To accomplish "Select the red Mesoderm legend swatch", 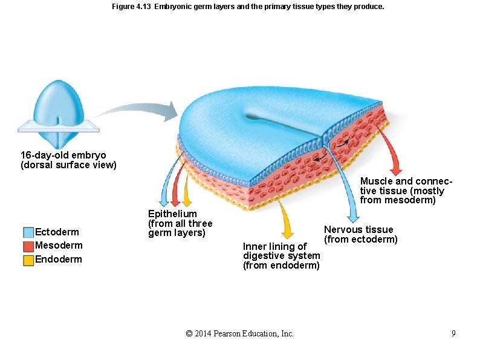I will coord(28,246).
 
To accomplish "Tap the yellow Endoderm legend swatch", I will coord(28,260).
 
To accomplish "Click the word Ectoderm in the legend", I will coord(57,232).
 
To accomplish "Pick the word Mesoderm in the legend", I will coord(59,246).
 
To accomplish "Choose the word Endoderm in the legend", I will coord(59,260).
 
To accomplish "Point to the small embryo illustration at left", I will coord(59,114).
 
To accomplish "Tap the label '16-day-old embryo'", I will coord(63,155).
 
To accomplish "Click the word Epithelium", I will coord(172,214).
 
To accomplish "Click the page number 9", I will coord(453,333).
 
